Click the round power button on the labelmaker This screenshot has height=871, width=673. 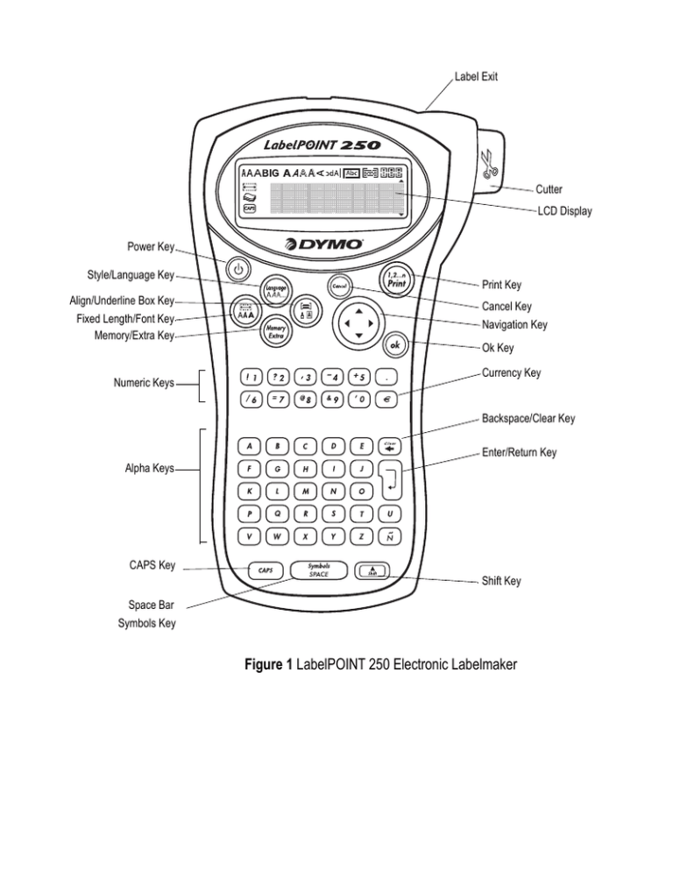click(237, 268)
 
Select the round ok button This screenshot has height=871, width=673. click(395, 345)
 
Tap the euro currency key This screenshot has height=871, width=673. click(391, 399)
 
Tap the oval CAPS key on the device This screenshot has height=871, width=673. click(265, 570)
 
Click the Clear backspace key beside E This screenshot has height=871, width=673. click(391, 446)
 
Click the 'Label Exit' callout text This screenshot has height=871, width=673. click(477, 77)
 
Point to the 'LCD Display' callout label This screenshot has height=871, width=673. click(564, 211)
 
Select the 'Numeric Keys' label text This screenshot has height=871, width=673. click(145, 383)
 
